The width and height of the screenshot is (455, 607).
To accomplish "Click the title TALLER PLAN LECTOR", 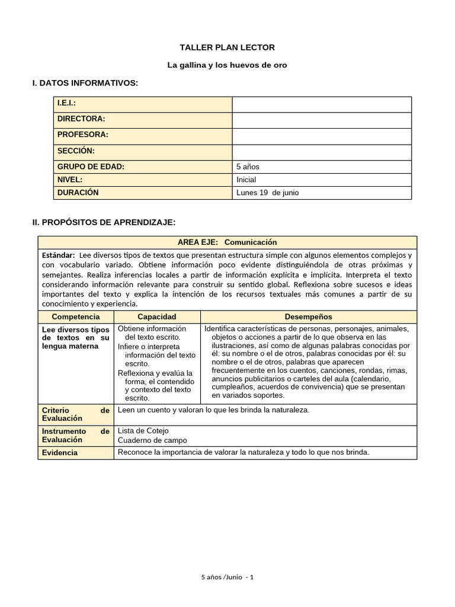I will point(227,47).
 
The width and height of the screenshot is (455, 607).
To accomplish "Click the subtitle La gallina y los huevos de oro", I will point(227,65).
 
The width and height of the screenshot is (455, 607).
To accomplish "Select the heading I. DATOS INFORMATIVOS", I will point(85,83).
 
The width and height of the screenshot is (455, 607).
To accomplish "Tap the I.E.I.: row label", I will point(67,103).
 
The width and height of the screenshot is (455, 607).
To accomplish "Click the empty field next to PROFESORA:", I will point(322,135).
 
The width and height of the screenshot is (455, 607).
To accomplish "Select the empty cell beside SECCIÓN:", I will point(322,151).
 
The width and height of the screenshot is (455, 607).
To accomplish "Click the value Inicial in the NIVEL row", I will point(246,180).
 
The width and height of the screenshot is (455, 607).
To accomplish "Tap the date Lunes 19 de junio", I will point(268,193).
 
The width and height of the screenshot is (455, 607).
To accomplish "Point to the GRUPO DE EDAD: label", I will point(91,167).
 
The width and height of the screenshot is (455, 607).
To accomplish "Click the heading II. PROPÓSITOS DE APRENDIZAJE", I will point(104,222).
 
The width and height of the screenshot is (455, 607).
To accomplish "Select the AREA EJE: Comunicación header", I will point(227,242).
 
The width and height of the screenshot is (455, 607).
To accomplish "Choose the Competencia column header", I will point(76,317).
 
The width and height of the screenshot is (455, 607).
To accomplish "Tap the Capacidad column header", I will point(157,317).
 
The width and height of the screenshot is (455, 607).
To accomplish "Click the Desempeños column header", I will point(308,317).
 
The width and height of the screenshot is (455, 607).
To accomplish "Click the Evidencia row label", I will point(60,453).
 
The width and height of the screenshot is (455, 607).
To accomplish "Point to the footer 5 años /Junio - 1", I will point(227,577).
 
